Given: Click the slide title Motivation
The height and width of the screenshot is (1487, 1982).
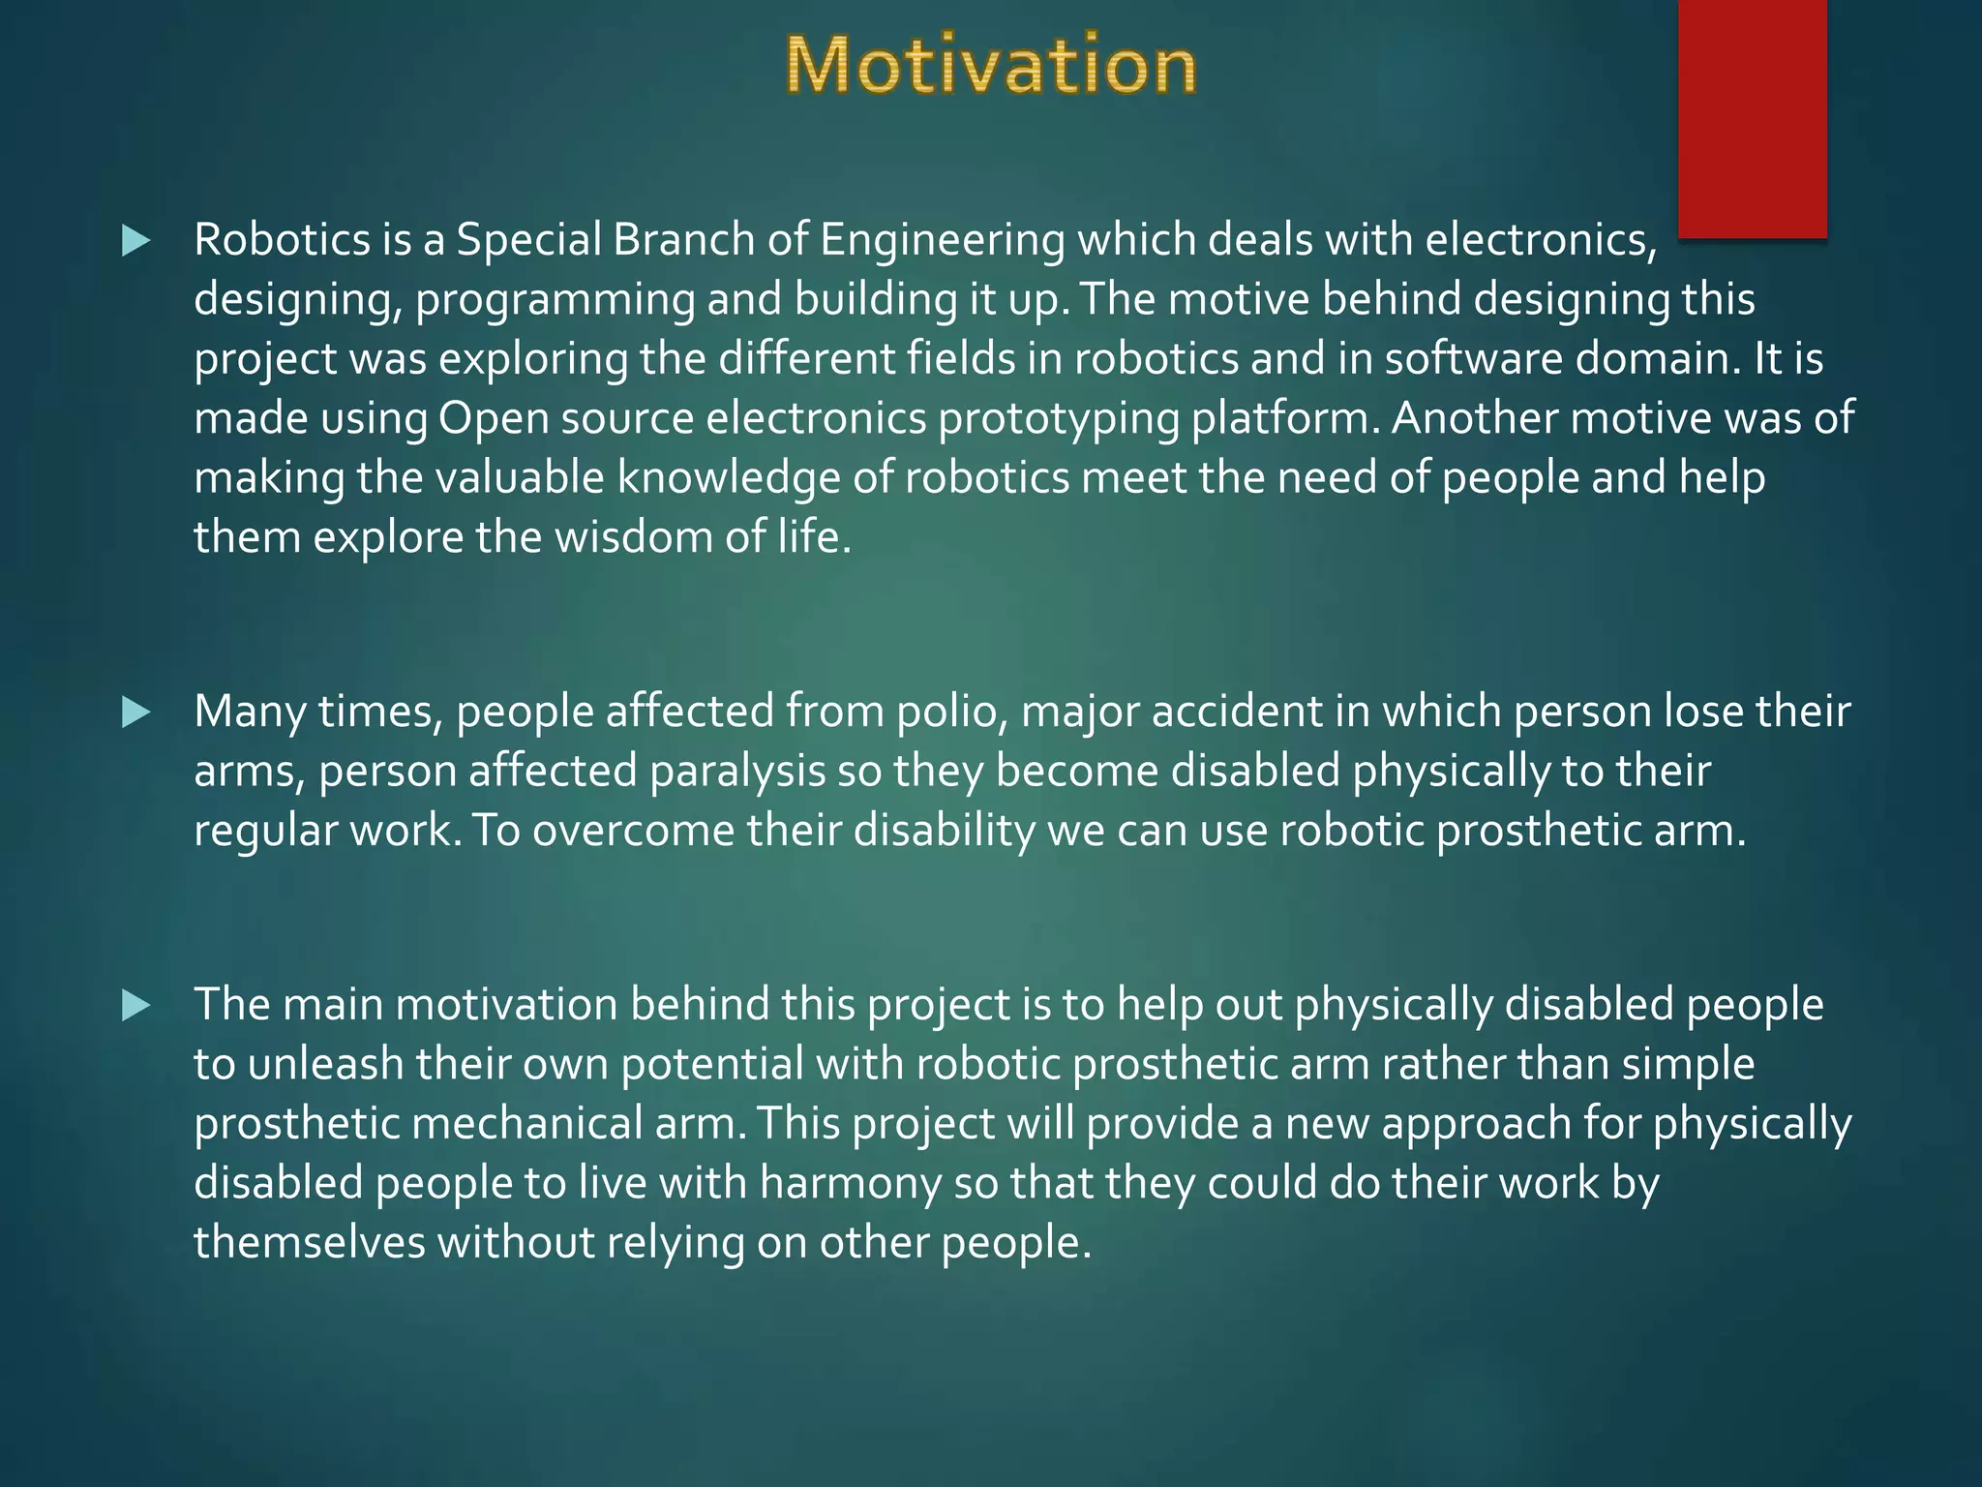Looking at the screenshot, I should click(x=991, y=66).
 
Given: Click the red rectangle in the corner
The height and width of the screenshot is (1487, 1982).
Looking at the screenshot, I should click(x=1752, y=116).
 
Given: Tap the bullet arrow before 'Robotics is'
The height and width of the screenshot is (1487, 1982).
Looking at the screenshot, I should click(x=136, y=241).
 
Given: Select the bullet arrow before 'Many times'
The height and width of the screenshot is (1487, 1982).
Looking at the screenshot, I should click(x=136, y=713).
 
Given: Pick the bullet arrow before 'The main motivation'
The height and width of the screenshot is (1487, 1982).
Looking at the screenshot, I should click(x=136, y=1006).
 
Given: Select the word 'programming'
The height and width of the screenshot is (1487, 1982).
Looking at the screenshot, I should click(x=555, y=300).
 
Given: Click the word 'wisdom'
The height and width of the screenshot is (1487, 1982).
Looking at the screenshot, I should click(x=633, y=537).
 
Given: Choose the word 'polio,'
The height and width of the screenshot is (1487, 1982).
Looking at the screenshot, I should click(x=952, y=713).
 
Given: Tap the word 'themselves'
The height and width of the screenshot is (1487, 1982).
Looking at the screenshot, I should click(x=309, y=1243).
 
